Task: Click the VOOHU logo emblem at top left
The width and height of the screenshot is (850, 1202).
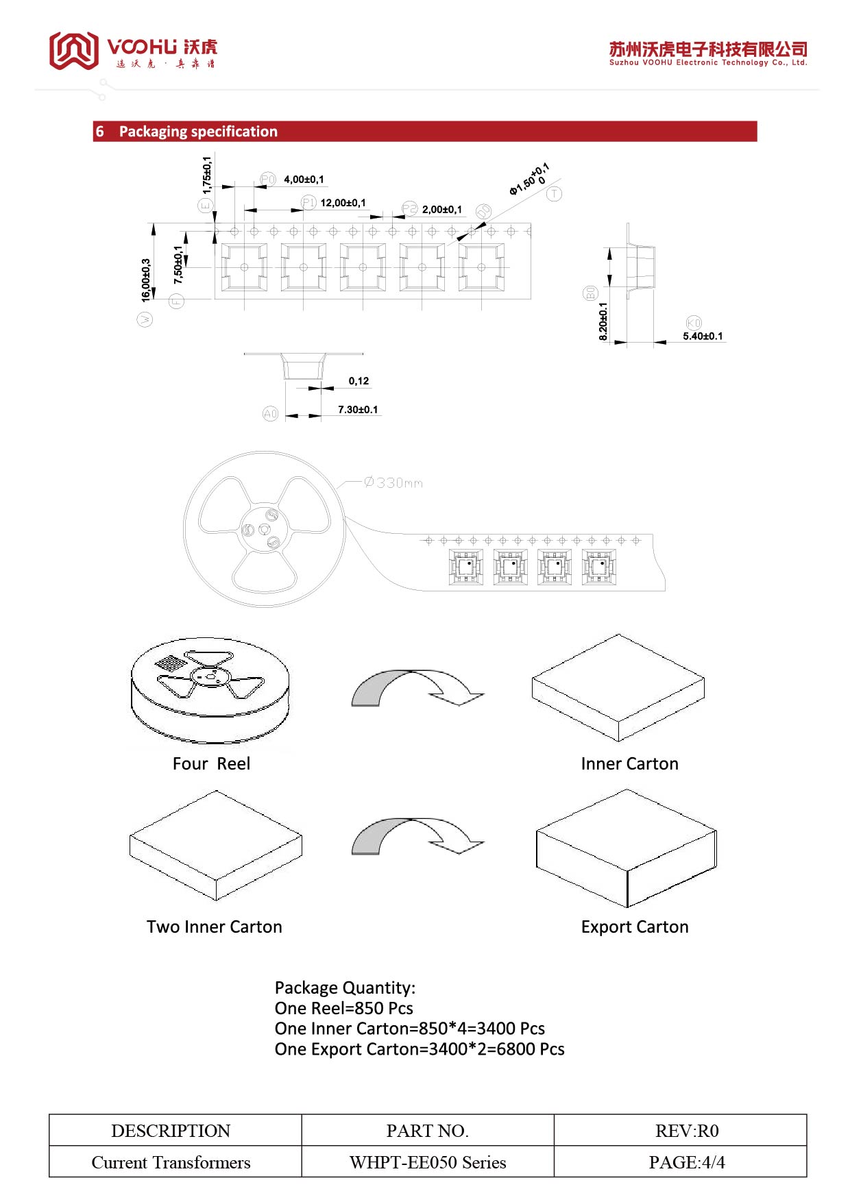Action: pyautogui.click(x=73, y=50)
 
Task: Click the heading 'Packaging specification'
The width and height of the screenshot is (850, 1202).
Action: pyautogui.click(x=198, y=132)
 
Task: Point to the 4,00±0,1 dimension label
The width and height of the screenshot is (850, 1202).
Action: pyautogui.click(x=304, y=180)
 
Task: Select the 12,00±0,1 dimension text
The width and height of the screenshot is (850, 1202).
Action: pyautogui.click(x=343, y=203)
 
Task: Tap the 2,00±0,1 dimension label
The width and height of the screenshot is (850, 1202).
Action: pyautogui.click(x=441, y=210)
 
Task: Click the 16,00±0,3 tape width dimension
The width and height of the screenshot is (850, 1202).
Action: pyautogui.click(x=145, y=280)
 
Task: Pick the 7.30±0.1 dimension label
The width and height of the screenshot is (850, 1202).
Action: pyautogui.click(x=358, y=410)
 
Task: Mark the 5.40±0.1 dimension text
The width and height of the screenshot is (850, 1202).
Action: pyautogui.click(x=703, y=336)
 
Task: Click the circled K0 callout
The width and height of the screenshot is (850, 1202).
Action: pyautogui.click(x=694, y=323)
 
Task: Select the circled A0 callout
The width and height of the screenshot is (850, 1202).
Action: pyautogui.click(x=271, y=413)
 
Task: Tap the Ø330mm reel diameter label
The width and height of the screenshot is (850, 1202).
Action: pyautogui.click(x=393, y=482)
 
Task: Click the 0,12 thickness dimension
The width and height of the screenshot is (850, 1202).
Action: pyautogui.click(x=359, y=381)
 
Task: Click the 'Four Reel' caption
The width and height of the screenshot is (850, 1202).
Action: pyautogui.click(x=211, y=763)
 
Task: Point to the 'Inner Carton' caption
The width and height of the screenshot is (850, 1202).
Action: pyautogui.click(x=629, y=763)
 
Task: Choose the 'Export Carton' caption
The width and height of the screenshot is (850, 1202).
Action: pyautogui.click(x=635, y=927)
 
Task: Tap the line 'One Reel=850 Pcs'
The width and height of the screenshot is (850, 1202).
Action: pyautogui.click(x=343, y=1008)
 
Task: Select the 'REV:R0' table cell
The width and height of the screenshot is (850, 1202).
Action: pyautogui.click(x=686, y=1131)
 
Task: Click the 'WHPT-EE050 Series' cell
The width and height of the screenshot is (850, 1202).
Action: pyautogui.click(x=428, y=1162)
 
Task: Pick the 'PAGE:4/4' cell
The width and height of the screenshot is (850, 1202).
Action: pyautogui.click(x=686, y=1162)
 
